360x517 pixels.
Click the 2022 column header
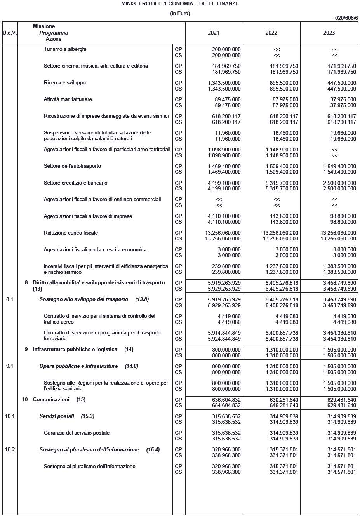(x=271, y=33)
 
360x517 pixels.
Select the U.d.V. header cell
(x=10, y=33)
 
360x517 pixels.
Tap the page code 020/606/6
(x=346, y=18)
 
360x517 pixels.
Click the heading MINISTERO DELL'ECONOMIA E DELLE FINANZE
(x=180, y=3)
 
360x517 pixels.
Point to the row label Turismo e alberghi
(x=65, y=49)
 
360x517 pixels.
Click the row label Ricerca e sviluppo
(x=64, y=83)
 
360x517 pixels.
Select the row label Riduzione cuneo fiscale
(x=71, y=233)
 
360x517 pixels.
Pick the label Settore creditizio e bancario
(x=75, y=183)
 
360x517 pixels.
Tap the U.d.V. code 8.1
(x=10, y=299)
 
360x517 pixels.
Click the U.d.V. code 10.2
(x=10, y=449)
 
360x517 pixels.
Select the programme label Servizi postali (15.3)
(x=67, y=416)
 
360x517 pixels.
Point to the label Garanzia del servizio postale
(x=77, y=433)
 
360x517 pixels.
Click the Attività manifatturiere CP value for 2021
(x=228, y=99)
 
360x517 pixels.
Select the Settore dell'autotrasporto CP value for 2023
(x=339, y=166)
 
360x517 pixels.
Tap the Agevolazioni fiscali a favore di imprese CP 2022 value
(x=285, y=216)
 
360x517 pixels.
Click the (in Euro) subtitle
(x=180, y=14)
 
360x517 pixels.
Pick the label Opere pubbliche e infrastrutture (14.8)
(x=89, y=366)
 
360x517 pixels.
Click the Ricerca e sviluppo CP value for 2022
(x=284, y=83)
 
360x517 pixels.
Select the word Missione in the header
(x=44, y=26)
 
